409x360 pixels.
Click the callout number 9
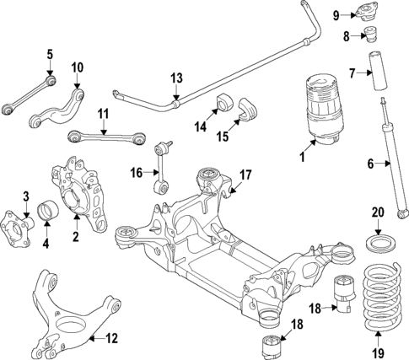(335, 15)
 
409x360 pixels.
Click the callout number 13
(175, 78)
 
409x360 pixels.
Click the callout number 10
(77, 67)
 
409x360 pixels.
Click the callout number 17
(245, 175)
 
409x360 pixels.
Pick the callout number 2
(75, 237)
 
